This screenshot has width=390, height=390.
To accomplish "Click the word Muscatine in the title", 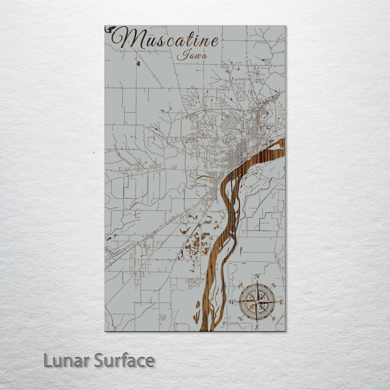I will coord(165,40).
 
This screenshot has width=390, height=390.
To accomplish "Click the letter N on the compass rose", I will coord(257,276).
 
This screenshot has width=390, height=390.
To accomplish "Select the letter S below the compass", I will coord(257,327).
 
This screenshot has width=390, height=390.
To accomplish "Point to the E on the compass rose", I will coord(281,302).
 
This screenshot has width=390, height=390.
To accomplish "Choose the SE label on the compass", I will coord(274,319).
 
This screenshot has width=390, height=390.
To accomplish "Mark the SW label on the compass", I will coord(240,319).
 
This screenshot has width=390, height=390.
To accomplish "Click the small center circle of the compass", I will coord(257,301).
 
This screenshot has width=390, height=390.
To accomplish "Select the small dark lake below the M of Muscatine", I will coord(138,63).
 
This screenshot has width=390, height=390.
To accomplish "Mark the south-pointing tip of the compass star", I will coord(257,322).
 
